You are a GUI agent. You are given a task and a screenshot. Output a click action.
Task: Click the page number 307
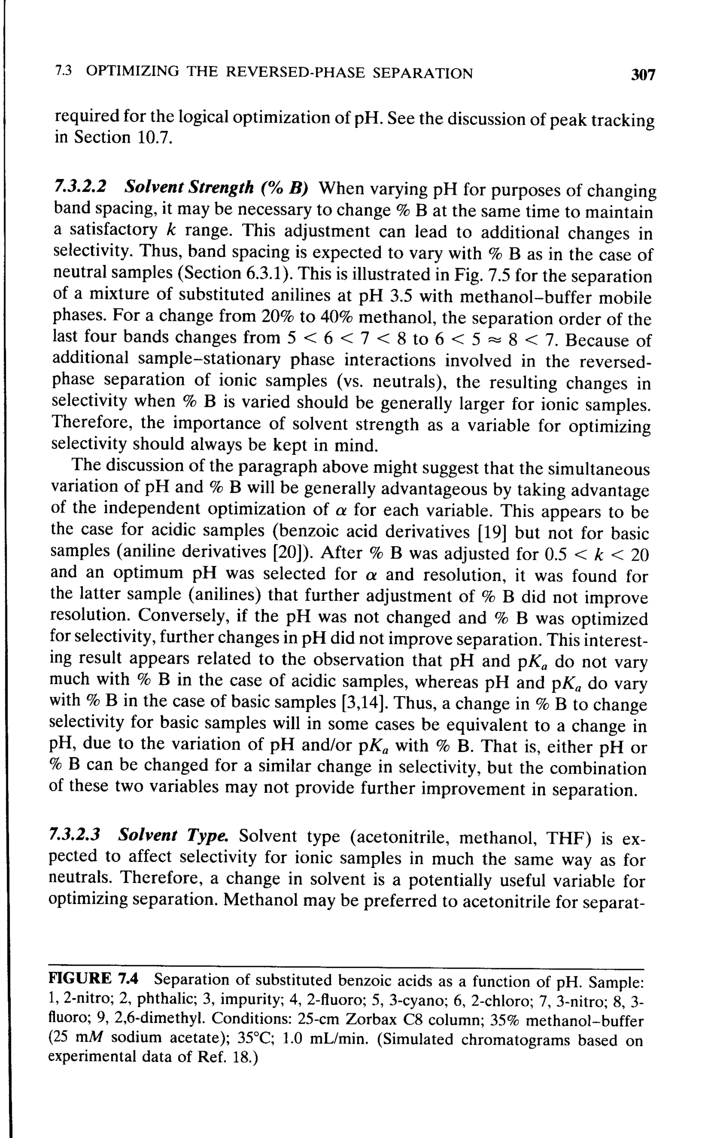point(642,74)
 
